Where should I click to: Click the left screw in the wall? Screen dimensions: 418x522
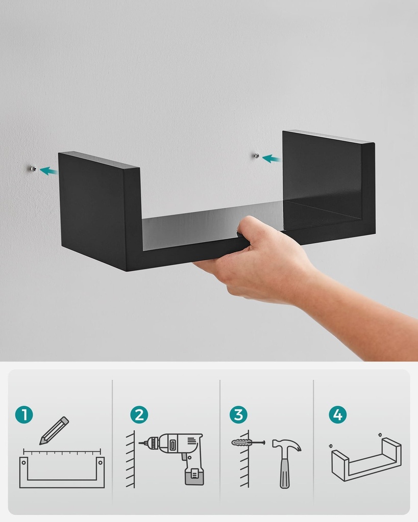point(33,169)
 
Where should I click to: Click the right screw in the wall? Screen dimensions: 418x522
point(257,155)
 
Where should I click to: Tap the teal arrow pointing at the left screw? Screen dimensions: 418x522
point(48,171)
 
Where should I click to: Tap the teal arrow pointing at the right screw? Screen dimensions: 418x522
point(272,159)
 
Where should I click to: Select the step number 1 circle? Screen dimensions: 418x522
point(24,415)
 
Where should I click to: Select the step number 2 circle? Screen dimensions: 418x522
point(139,415)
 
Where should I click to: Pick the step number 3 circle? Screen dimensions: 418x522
point(238,415)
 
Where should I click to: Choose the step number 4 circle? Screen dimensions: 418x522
point(338,415)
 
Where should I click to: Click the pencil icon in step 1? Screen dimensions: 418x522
point(54,430)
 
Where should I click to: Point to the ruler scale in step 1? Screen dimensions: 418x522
point(62,452)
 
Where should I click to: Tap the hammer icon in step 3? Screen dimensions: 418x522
point(286,463)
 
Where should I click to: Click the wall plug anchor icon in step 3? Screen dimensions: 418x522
point(248,443)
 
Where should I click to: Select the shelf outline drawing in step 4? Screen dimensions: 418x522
point(366,459)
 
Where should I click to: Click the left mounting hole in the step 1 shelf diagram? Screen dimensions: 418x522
point(23,462)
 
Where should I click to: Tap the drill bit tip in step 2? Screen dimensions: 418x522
point(140,443)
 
